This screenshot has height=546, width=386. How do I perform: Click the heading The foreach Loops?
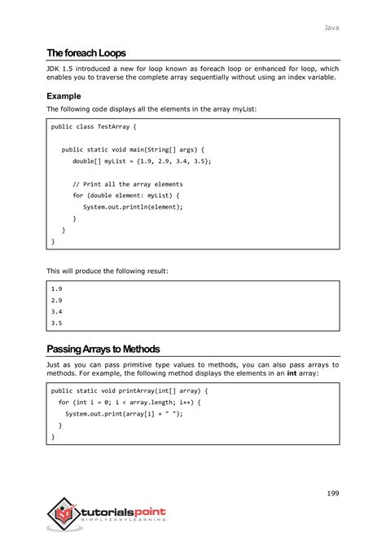click(86, 52)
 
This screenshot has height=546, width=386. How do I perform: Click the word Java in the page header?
click(331, 28)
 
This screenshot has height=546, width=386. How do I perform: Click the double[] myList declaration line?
click(142, 161)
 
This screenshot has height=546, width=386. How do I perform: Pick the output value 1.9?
click(56, 288)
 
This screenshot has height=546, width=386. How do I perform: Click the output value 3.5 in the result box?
click(56, 323)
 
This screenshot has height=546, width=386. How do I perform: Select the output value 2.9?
click(56, 300)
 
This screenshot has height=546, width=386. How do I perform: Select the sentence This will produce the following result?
click(107, 270)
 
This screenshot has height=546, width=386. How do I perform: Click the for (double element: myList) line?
click(125, 196)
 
